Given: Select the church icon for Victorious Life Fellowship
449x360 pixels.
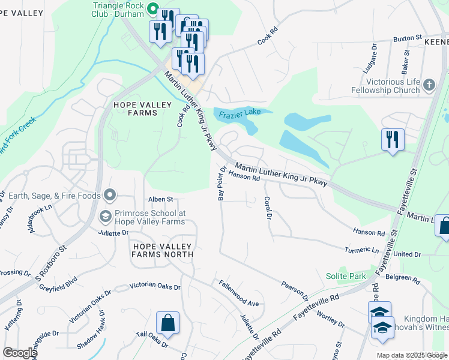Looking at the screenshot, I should [x=429, y=85].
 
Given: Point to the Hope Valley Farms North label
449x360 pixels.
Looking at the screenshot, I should [x=163, y=250].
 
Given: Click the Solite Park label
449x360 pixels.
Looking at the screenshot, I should [x=346, y=275].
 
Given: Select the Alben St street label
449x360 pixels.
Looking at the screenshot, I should [x=161, y=199].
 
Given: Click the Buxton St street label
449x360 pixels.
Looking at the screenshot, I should [x=408, y=38].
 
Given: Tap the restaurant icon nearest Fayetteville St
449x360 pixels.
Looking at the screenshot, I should [x=393, y=140].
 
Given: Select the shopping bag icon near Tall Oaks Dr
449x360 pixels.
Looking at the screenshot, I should [x=167, y=322].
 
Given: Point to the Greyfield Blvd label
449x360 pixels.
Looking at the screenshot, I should [x=63, y=283].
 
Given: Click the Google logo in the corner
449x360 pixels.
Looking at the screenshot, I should [x=19, y=353].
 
